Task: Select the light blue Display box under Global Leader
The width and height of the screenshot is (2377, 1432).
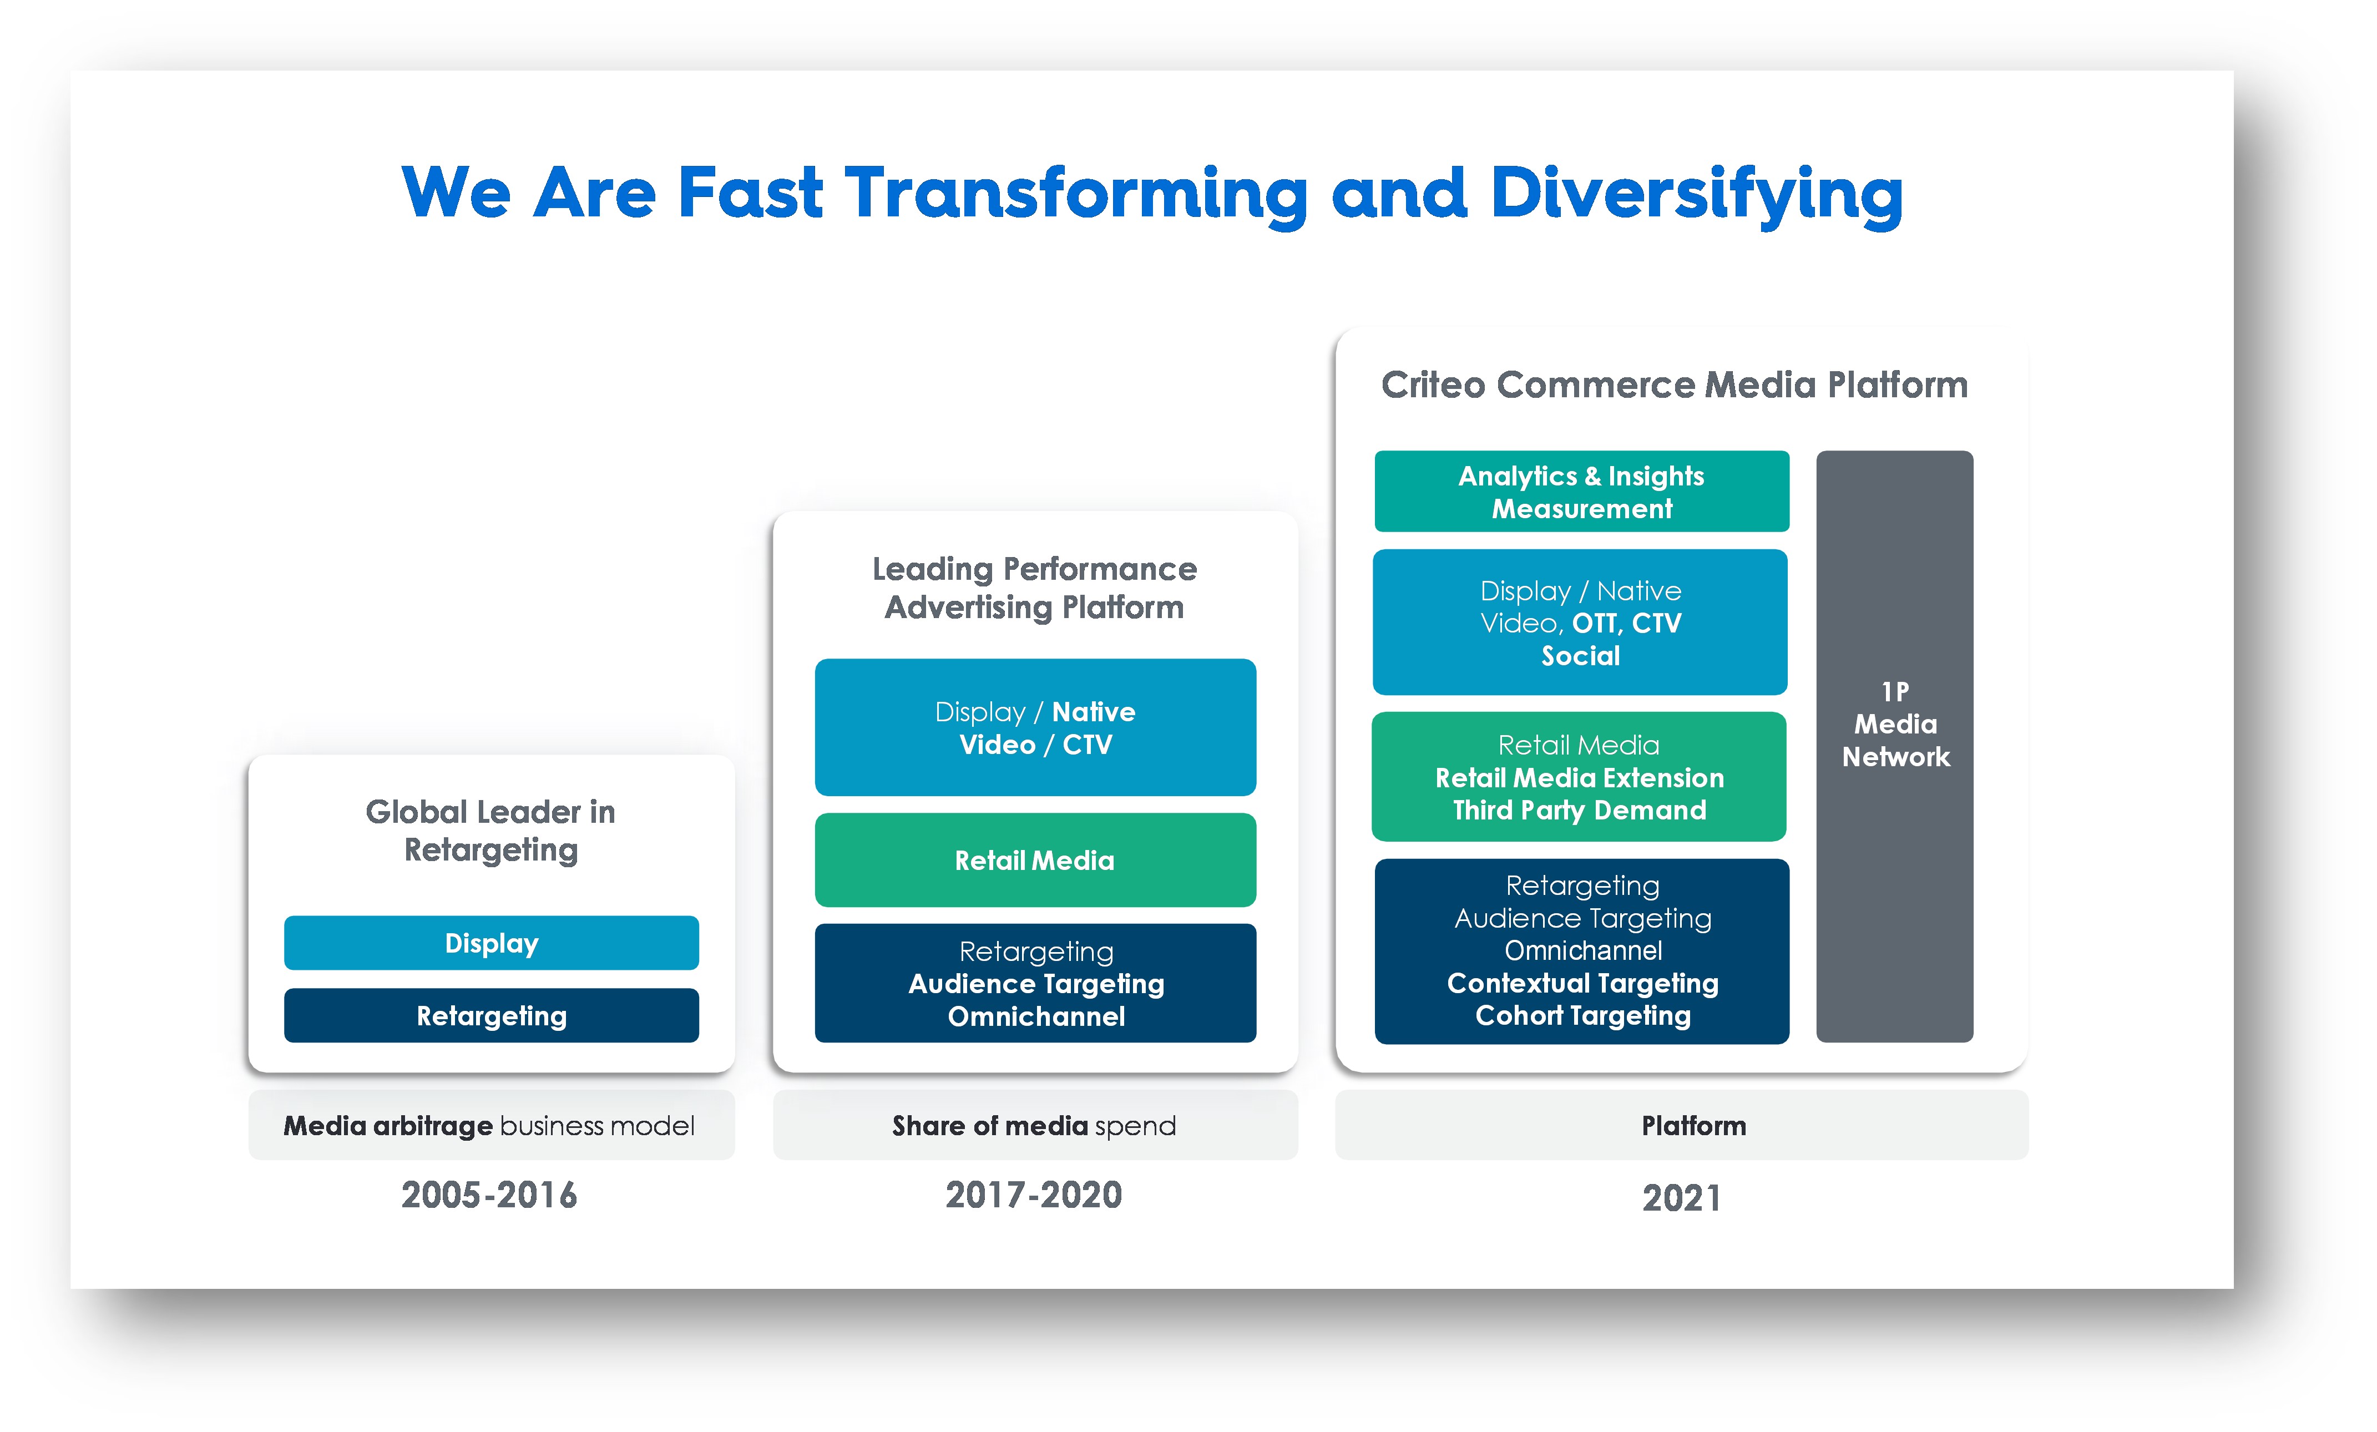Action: [x=491, y=943]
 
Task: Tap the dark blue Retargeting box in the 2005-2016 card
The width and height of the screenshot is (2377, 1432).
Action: [x=491, y=1015]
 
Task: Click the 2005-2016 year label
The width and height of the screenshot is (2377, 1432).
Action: [x=489, y=1195]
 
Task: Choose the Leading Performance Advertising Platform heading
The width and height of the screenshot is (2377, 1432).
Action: [x=1034, y=588]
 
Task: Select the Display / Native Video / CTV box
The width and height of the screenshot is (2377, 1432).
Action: [x=1035, y=727]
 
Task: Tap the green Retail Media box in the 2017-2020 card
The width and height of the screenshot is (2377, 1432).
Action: [x=1035, y=860]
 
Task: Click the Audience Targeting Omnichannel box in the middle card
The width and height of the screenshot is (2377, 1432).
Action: [x=1035, y=983]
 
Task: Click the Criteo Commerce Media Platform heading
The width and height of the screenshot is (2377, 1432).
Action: [x=1675, y=385]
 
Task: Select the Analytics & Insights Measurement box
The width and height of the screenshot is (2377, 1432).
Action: [x=1582, y=491]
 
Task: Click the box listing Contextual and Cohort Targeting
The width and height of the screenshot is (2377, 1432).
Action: [x=1582, y=952]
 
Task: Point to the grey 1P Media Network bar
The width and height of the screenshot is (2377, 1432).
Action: [x=1895, y=746]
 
